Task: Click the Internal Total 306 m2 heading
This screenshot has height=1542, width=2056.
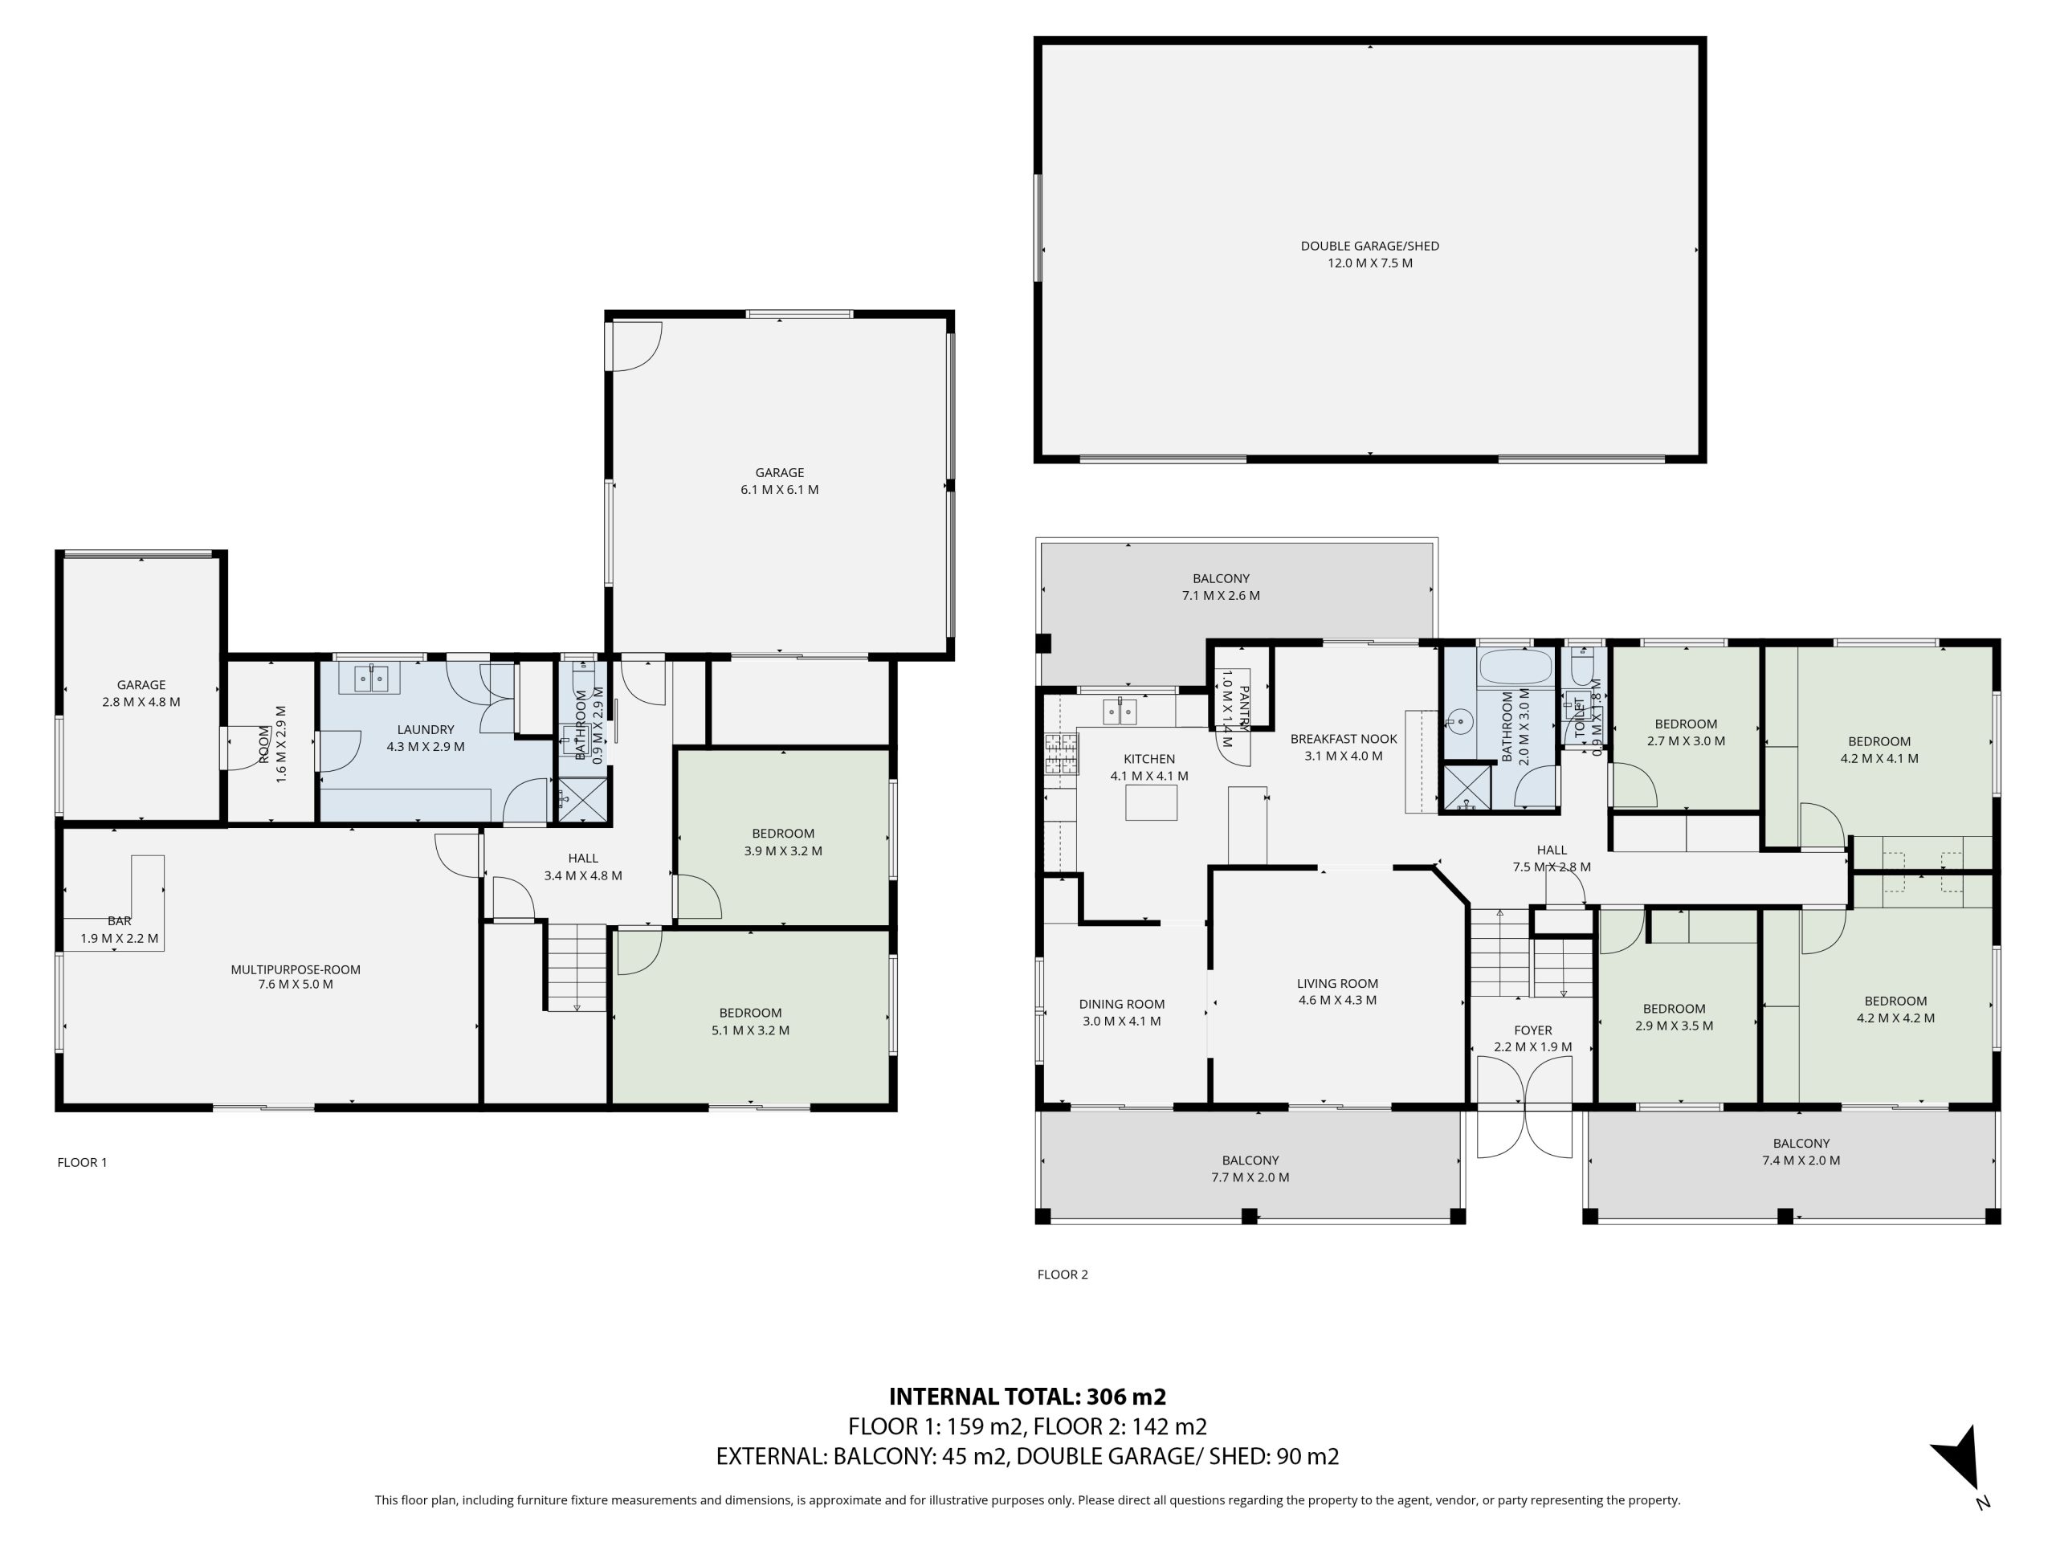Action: (x=1027, y=1396)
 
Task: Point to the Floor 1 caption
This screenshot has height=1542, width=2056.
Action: (x=82, y=1162)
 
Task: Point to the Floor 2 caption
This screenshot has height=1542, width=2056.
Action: (x=1063, y=1275)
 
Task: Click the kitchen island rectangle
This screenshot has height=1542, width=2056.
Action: (x=1151, y=802)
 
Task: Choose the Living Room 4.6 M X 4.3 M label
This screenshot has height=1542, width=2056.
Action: (x=1337, y=992)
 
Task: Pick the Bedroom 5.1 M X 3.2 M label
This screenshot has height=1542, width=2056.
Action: (x=750, y=1022)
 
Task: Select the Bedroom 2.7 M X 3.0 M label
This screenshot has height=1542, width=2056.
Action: (x=1686, y=732)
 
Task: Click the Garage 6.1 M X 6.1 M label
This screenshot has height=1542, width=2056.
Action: (x=779, y=480)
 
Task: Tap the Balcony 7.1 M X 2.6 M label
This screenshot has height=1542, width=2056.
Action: (x=1221, y=586)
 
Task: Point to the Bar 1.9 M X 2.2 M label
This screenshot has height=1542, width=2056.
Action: (x=119, y=929)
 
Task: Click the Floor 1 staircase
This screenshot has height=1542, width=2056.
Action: (x=577, y=968)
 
